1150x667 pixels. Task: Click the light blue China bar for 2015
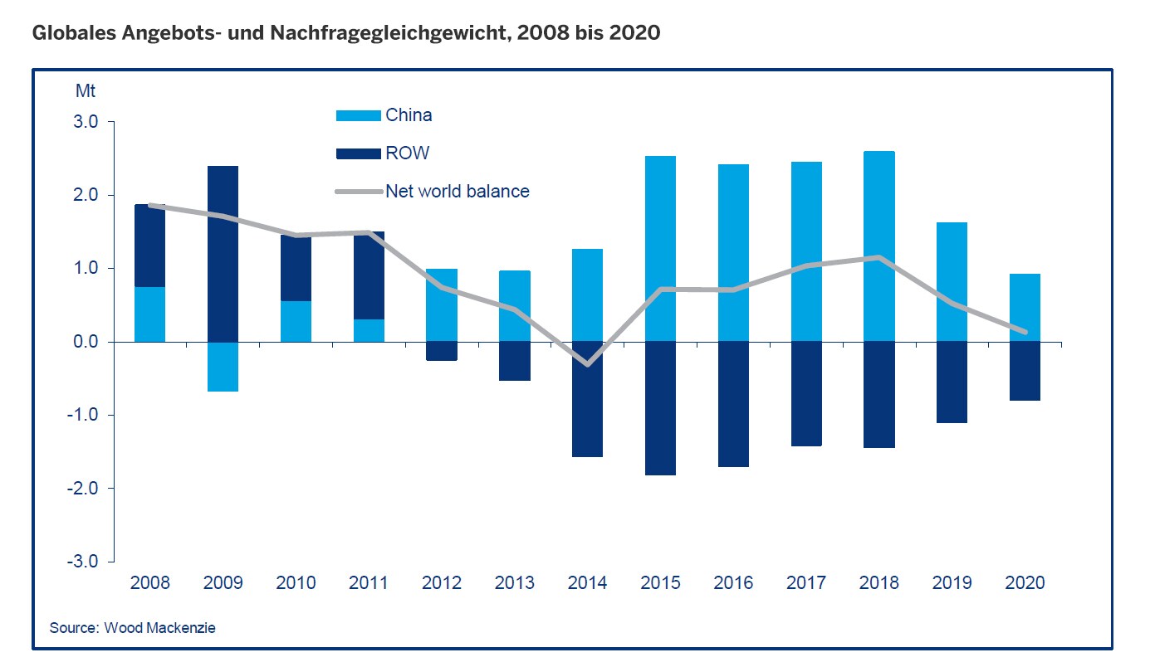[660, 249]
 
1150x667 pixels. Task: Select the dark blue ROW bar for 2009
[223, 254]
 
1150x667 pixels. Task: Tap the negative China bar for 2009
[223, 366]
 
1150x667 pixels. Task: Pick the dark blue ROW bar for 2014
[587, 398]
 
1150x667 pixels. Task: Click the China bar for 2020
[1025, 308]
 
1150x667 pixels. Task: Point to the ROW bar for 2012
[442, 351]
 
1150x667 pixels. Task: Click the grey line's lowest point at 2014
[588, 364]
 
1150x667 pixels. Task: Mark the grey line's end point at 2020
[1025, 332]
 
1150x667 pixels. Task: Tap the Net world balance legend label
[457, 191]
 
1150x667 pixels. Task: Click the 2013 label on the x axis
[514, 582]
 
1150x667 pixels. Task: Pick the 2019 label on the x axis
[952, 582]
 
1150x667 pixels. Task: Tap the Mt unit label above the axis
[86, 89]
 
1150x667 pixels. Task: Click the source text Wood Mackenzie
[159, 628]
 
